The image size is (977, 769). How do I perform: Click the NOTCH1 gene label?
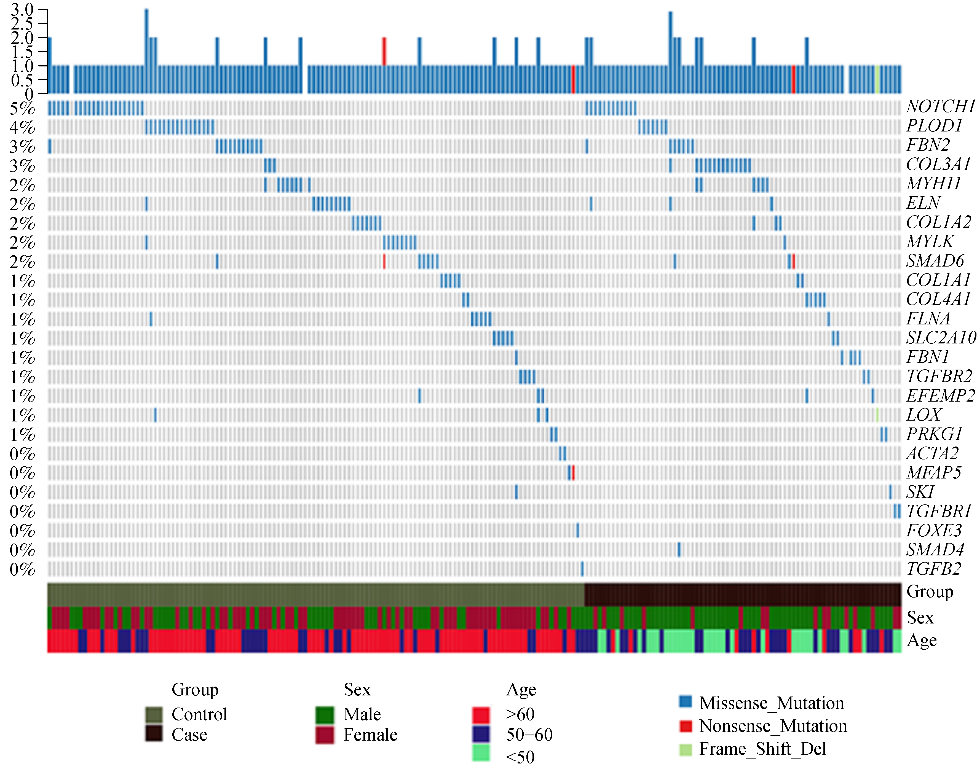940,107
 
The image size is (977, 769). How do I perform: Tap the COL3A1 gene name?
938,164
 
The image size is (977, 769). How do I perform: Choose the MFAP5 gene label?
933,473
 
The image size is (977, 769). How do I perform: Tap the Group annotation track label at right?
929,591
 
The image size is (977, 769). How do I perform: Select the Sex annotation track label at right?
920,618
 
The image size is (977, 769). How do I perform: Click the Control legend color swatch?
154,714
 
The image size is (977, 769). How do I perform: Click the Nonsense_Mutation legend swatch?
685,726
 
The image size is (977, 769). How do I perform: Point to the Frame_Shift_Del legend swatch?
685,749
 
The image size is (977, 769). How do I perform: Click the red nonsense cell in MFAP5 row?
573,473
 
